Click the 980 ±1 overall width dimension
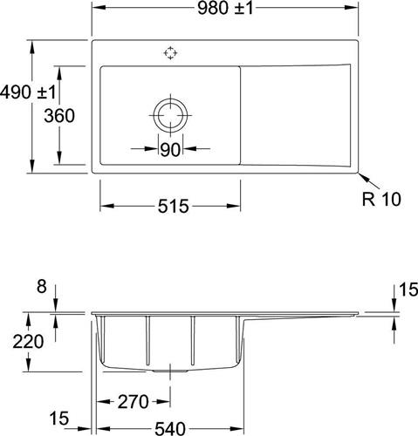(x=225, y=9)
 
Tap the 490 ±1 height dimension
(x=28, y=92)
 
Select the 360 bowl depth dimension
(x=59, y=116)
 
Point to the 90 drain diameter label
(x=170, y=149)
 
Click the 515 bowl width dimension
(x=174, y=206)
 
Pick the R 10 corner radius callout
(x=381, y=199)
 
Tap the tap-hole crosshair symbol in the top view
(x=170, y=53)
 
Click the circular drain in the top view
(x=170, y=115)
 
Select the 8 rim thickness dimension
(x=42, y=287)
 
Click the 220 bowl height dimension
(x=28, y=342)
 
